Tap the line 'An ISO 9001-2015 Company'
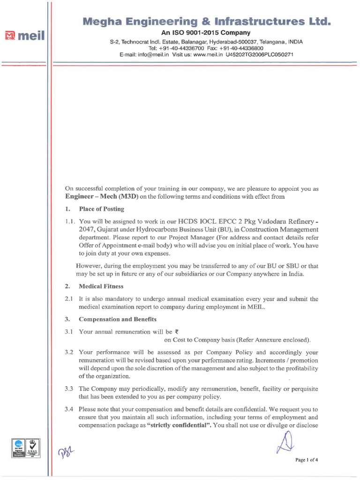[x=206, y=33]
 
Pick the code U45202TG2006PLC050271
[x=260, y=54]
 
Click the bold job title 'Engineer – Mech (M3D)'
[x=101, y=197]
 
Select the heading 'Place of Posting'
[x=101, y=209]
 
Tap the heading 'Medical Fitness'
[x=101, y=286]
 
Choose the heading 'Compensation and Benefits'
[x=118, y=319]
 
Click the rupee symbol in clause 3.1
[x=176, y=331]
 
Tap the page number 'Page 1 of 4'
[x=307, y=459]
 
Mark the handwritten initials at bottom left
[x=66, y=452]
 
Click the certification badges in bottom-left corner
[x=26, y=448]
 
